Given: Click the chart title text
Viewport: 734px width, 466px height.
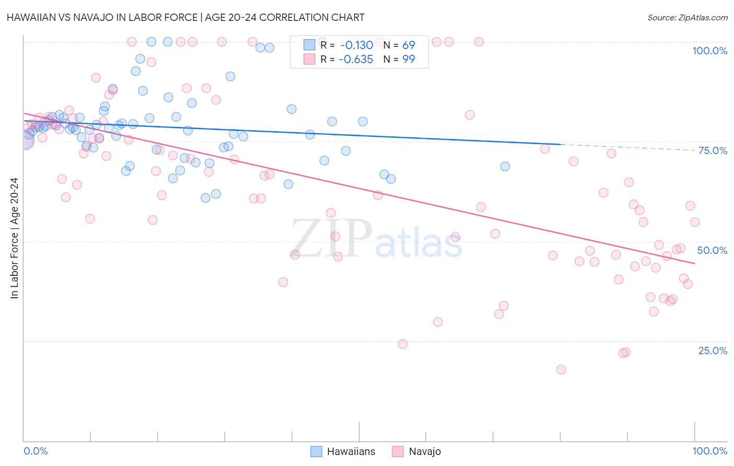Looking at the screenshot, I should pyautogui.click(x=185, y=17).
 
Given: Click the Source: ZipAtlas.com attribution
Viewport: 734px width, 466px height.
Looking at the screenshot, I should pyautogui.click(x=687, y=18).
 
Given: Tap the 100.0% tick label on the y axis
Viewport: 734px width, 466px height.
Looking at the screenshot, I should pyautogui.click(x=709, y=51).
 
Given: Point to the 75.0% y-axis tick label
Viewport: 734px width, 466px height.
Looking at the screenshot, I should pyautogui.click(x=713, y=150).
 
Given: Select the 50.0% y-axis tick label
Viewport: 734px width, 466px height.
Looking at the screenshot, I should pyautogui.click(x=712, y=250).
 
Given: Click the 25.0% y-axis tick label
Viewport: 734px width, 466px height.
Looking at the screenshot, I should pyautogui.click(x=713, y=351).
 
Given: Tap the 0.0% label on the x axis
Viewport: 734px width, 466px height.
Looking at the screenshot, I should pyautogui.click(x=35, y=451).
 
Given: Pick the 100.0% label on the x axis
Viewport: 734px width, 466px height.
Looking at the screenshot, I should pyautogui.click(x=709, y=451).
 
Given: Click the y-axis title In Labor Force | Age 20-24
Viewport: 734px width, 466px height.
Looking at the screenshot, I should pyautogui.click(x=15, y=238).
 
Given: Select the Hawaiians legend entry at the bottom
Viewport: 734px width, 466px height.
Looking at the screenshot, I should pyautogui.click(x=342, y=451).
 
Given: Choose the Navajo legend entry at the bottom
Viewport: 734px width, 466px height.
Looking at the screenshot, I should pyautogui.click(x=417, y=451).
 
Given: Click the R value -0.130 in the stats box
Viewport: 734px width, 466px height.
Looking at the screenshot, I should pyautogui.click(x=356, y=45).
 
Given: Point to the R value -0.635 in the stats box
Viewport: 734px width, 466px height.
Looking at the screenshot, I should pyautogui.click(x=356, y=60).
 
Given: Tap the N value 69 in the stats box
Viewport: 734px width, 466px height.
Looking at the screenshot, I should pyautogui.click(x=408, y=45).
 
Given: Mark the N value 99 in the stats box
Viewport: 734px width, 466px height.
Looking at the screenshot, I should pyautogui.click(x=408, y=60).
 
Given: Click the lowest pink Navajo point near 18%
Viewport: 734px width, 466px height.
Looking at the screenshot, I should pyautogui.click(x=561, y=369).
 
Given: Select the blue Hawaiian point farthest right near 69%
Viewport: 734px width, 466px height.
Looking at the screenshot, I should pyautogui.click(x=505, y=167).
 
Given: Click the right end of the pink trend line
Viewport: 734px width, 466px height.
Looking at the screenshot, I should pyautogui.click(x=694, y=263).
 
